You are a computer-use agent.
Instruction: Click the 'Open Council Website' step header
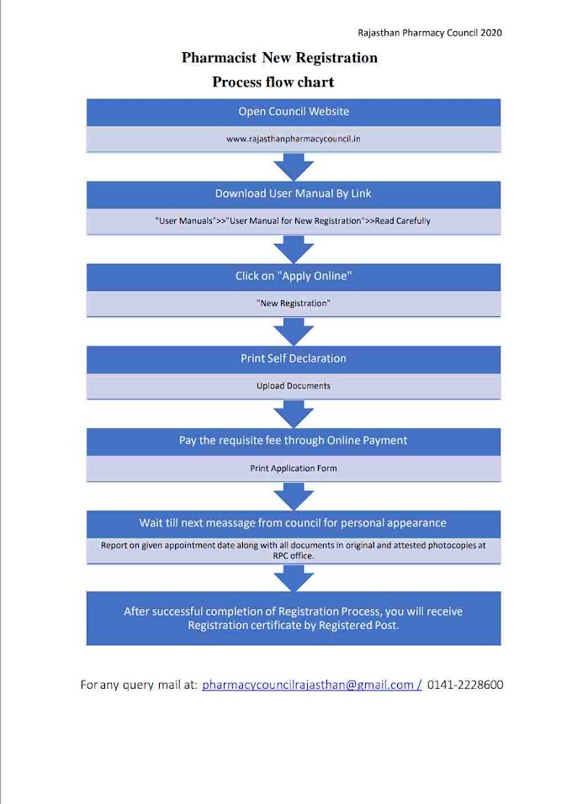pos(293,111)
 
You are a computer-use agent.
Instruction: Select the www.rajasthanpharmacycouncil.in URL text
pos(293,139)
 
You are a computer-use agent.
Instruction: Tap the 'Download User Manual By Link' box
pos(293,193)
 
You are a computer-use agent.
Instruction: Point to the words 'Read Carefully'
pos(402,221)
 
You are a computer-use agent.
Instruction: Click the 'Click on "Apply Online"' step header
pos(293,276)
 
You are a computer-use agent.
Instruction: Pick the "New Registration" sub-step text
pos(293,304)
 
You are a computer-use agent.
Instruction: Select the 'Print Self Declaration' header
pos(293,358)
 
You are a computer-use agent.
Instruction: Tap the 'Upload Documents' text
pos(293,386)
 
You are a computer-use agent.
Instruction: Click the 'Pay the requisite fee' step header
pos(293,441)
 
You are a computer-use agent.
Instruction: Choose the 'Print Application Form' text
pos(293,468)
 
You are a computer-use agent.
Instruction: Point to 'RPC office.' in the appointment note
pos(293,555)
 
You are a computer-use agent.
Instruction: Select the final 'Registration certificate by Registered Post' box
pos(293,618)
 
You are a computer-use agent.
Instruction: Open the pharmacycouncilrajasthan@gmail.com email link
pos(310,685)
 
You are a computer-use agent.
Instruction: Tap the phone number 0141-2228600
pos(465,685)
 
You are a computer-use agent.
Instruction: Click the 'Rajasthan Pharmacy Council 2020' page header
pos(430,33)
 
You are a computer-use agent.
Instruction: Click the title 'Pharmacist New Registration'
pos(279,58)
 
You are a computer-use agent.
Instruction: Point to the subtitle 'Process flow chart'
pos(273,82)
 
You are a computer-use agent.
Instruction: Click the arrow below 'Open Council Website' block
pos(293,167)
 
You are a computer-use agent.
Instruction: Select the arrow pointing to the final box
pos(293,579)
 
